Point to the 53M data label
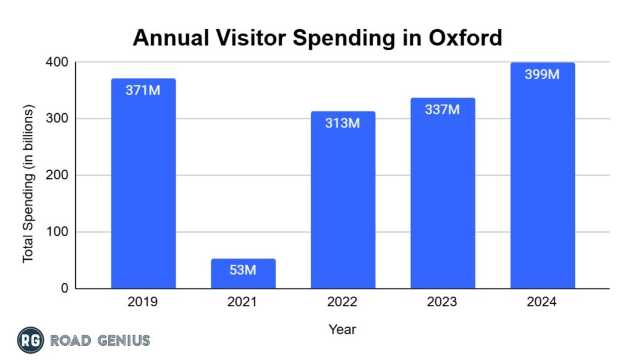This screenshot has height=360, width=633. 243,270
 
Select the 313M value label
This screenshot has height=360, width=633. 343,123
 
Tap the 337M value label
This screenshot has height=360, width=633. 443,109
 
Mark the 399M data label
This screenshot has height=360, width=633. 542,75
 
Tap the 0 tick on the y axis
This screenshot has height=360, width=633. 65,289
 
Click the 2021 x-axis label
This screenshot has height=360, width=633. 243,302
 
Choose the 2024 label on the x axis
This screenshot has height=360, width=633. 542,302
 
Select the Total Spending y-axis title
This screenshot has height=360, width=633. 28,184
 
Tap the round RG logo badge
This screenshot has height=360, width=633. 30,340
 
